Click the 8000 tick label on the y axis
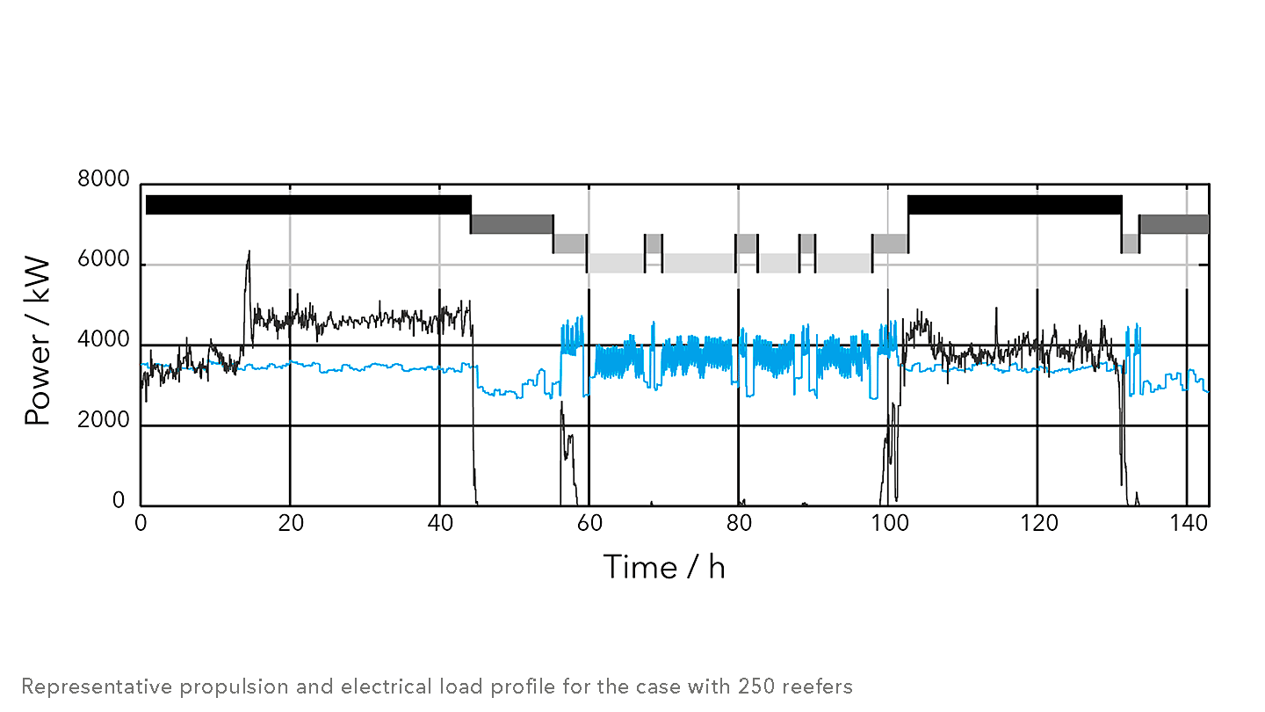(104, 180)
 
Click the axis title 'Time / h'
(664, 567)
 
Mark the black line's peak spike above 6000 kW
(249, 253)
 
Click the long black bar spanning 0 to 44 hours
(307, 205)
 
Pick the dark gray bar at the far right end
(1174, 224)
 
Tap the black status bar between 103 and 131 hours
(1015, 205)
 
